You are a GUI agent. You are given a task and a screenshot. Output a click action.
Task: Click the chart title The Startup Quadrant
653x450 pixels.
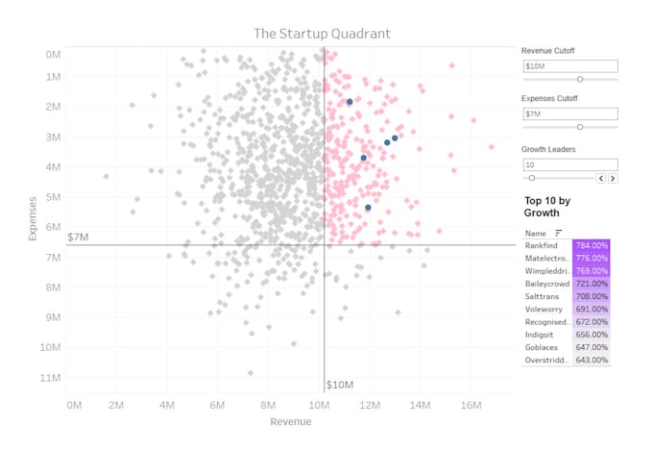coord(322,34)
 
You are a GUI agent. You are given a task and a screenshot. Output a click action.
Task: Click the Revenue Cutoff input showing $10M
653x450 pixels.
coord(569,66)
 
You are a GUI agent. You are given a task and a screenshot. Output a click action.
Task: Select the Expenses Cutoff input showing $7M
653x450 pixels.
coord(569,113)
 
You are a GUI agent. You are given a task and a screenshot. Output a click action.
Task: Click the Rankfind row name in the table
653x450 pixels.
coord(544,246)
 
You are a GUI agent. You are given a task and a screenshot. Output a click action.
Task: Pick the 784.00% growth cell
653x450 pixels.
coord(592,246)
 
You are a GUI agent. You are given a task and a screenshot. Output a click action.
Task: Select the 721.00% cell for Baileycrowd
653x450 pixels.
coord(592,284)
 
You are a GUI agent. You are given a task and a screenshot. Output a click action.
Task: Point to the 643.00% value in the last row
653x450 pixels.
coord(592,360)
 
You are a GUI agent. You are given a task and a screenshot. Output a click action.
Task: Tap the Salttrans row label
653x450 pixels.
coord(543,296)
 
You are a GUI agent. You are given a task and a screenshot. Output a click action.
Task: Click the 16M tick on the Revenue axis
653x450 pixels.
coord(471,407)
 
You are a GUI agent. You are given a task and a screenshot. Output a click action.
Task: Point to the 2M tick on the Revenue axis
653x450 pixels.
coord(116,407)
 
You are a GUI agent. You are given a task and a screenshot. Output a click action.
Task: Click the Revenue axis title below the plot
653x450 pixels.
coord(290,423)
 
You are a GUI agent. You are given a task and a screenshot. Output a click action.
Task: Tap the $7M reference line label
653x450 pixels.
coord(79,237)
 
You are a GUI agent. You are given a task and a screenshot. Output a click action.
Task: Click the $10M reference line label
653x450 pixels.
coord(341,385)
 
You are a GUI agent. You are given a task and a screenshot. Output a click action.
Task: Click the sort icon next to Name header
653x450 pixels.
coord(559,233)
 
